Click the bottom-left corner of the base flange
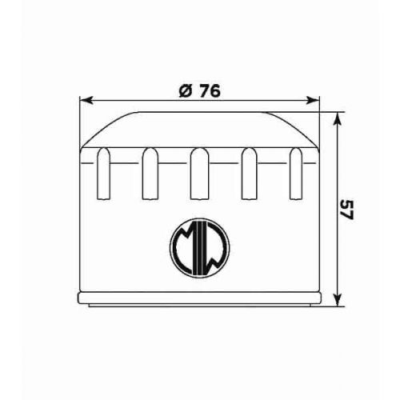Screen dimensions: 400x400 [78, 302]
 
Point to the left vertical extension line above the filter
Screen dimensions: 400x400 [81, 120]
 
